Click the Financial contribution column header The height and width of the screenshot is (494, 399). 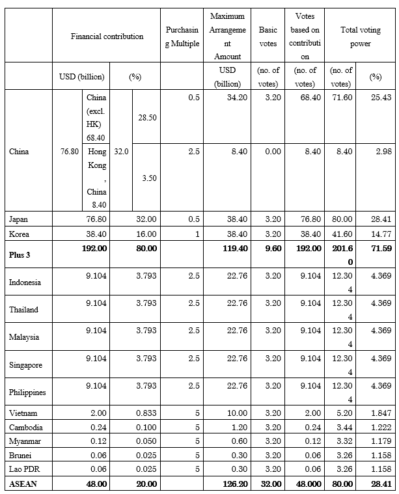[x=107, y=36]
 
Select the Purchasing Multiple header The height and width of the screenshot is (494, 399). [x=182, y=36]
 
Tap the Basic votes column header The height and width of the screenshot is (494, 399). [x=268, y=36]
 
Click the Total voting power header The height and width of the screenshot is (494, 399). [x=355, y=36]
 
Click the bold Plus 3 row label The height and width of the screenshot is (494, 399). [x=21, y=254]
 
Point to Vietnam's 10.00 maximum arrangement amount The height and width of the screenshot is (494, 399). [x=238, y=413]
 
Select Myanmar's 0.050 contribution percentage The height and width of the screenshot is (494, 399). [x=146, y=441]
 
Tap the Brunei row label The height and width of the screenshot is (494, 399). [x=20, y=456]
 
